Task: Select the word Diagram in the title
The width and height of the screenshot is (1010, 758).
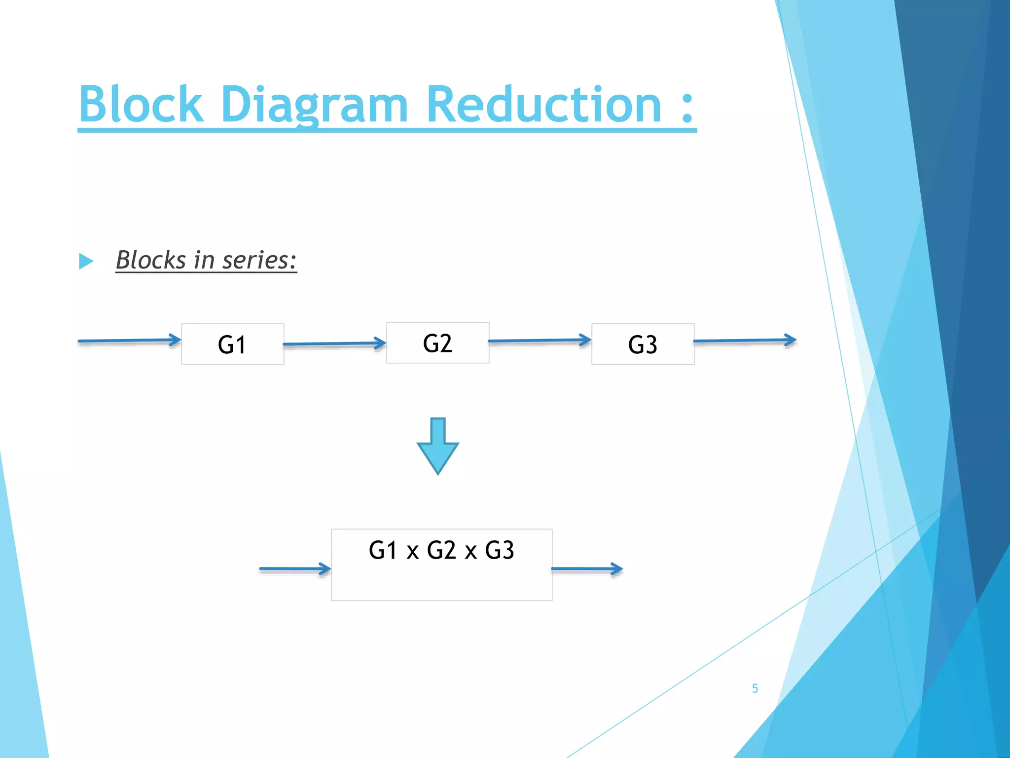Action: point(314,105)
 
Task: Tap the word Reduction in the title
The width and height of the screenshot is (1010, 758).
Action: point(543,105)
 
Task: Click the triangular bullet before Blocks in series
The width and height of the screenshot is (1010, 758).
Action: point(86,261)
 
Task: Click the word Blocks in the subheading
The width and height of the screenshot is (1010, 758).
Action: point(151,260)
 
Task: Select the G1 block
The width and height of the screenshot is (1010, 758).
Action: point(232,344)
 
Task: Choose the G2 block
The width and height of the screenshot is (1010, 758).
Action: point(437,343)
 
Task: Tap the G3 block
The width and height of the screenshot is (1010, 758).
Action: point(643,344)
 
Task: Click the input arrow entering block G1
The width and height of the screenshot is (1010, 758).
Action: point(129,341)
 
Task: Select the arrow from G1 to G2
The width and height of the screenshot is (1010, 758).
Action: point(334,343)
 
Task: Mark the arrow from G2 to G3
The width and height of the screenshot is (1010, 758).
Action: point(540,341)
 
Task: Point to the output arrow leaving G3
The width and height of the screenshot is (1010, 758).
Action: point(745,341)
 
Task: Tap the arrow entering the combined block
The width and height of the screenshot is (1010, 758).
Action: point(295,569)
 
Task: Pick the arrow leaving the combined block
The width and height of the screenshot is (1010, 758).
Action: point(587,569)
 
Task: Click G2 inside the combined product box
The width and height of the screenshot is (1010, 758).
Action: point(441,550)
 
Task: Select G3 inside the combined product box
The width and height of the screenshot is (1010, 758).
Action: point(500,550)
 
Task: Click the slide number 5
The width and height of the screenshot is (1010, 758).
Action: point(755,688)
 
